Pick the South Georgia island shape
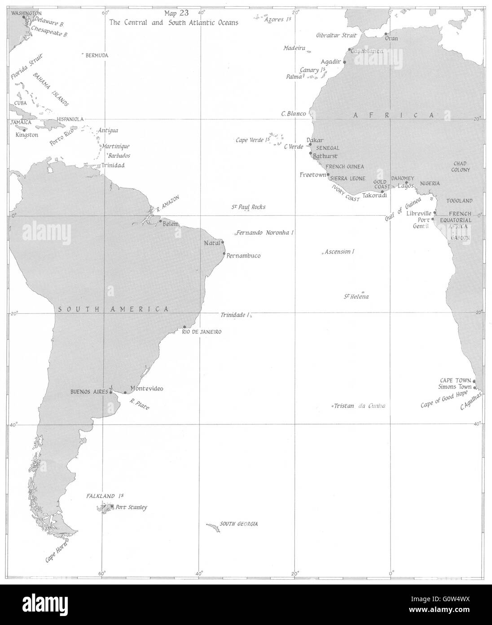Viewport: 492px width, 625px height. pyautogui.click(x=212, y=527)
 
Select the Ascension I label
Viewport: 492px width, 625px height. pyautogui.click(x=340, y=252)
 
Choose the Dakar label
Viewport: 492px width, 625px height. pyautogui.click(x=315, y=140)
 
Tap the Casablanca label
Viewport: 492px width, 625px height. pyautogui.click(x=367, y=51)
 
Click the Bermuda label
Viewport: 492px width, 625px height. pyautogui.click(x=97, y=55)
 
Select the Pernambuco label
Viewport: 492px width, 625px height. pyautogui.click(x=243, y=256)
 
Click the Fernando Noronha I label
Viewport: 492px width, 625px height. pyautogui.click(x=265, y=233)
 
